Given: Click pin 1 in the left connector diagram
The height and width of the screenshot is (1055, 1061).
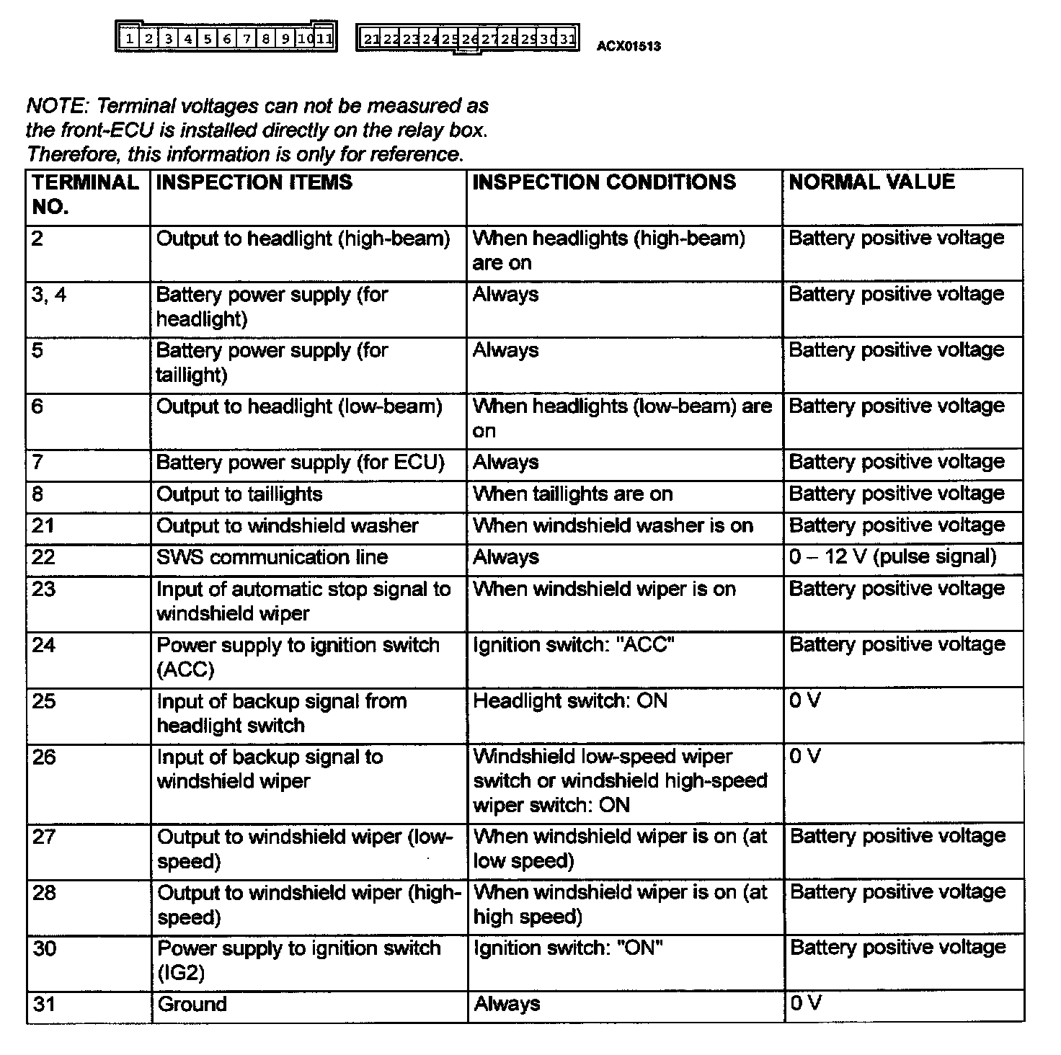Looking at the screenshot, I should (128, 38).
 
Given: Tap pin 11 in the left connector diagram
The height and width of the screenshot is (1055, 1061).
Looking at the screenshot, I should (325, 38).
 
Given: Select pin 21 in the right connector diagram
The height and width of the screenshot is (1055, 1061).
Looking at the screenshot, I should (370, 39).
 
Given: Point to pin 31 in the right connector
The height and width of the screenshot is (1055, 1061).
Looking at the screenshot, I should (567, 39).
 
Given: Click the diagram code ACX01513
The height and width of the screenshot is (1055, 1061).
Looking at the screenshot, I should (629, 47).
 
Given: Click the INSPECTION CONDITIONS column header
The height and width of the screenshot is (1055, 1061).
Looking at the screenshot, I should (604, 182).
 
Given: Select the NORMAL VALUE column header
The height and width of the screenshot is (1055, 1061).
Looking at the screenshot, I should (871, 182).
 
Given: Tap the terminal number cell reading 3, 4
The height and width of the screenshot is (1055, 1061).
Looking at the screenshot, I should (49, 295).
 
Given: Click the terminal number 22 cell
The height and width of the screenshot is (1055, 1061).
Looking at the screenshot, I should (44, 557).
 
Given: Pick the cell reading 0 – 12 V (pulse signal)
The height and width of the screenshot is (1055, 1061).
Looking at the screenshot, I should (893, 557).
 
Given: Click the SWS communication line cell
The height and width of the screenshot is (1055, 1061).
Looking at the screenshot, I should (272, 557).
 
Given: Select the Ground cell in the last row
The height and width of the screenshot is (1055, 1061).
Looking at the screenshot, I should (192, 1005).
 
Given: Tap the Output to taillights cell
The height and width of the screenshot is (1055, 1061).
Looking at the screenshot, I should (239, 494).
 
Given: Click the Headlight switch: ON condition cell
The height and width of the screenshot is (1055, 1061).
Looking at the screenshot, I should (569, 701).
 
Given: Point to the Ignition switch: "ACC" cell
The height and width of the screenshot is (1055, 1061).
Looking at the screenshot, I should (573, 645).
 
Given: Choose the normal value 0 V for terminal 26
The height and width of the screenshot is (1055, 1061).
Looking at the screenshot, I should (805, 757).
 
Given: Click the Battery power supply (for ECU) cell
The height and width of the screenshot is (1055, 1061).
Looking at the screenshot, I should (300, 463).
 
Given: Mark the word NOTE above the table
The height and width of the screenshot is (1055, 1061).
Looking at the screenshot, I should (56, 107).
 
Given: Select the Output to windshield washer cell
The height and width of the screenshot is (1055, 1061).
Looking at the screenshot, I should (287, 526).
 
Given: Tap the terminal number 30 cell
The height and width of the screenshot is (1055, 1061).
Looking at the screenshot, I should (44, 948).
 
